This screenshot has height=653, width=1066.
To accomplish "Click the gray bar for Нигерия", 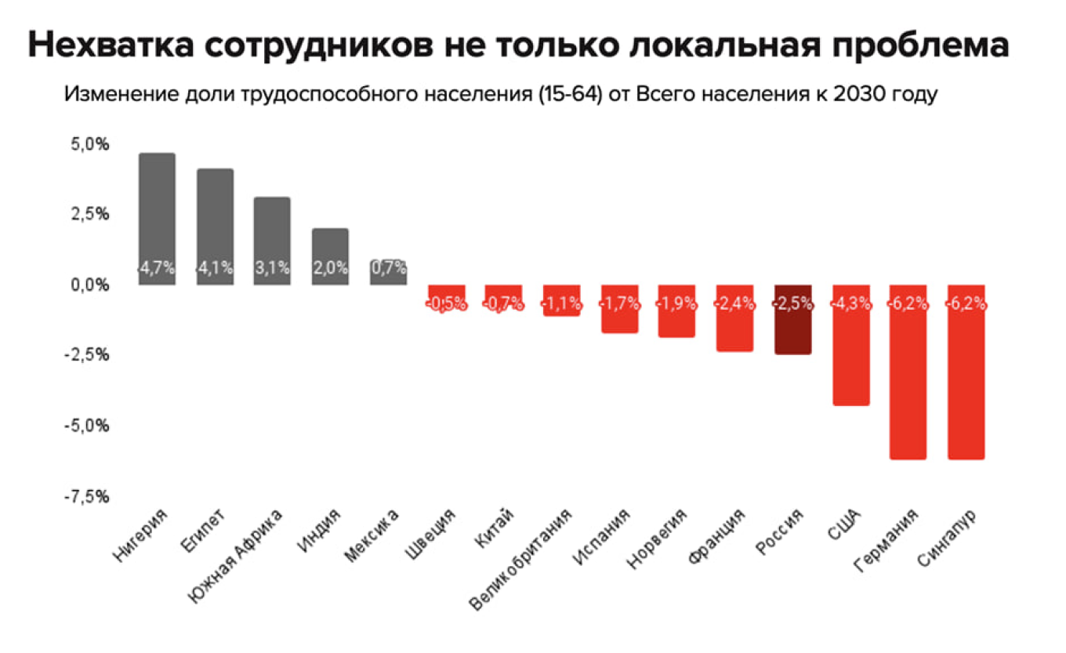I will click(x=157, y=212).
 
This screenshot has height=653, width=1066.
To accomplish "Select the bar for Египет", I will click(x=215, y=219).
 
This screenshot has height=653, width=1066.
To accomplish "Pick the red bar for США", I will click(x=850, y=361).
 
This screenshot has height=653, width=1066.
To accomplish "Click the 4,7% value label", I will click(x=157, y=267).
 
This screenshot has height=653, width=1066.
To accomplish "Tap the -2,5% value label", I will click(x=792, y=304).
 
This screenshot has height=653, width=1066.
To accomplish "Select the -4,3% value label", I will click(x=850, y=304).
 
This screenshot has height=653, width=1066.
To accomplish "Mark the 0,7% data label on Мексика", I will click(x=388, y=267).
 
